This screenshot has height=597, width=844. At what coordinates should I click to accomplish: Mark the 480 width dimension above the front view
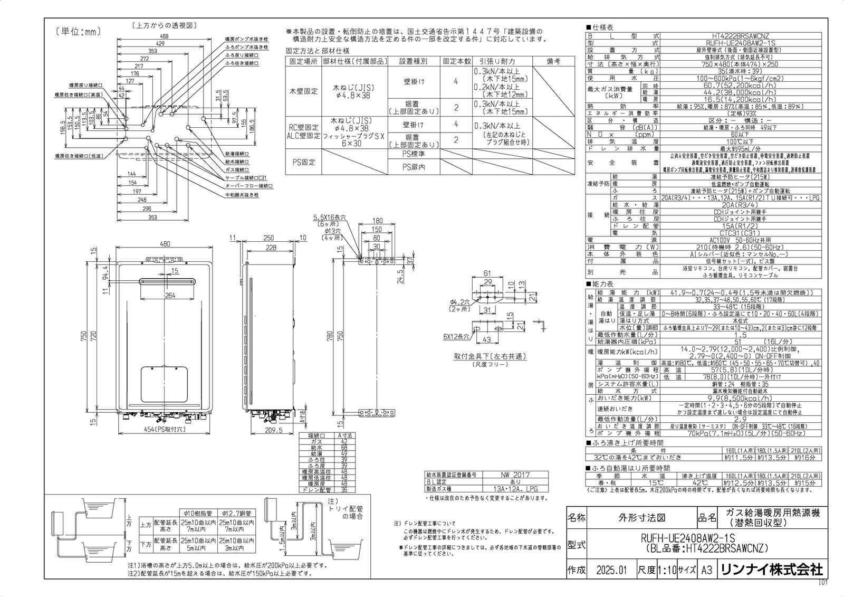(x=165, y=244)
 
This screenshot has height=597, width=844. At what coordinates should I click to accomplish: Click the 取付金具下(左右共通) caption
(x=490, y=356)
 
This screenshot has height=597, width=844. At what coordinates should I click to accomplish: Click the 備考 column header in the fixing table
(x=553, y=62)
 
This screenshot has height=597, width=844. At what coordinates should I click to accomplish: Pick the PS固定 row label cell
(x=303, y=162)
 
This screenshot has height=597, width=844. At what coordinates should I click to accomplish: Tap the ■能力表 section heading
(x=600, y=284)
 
